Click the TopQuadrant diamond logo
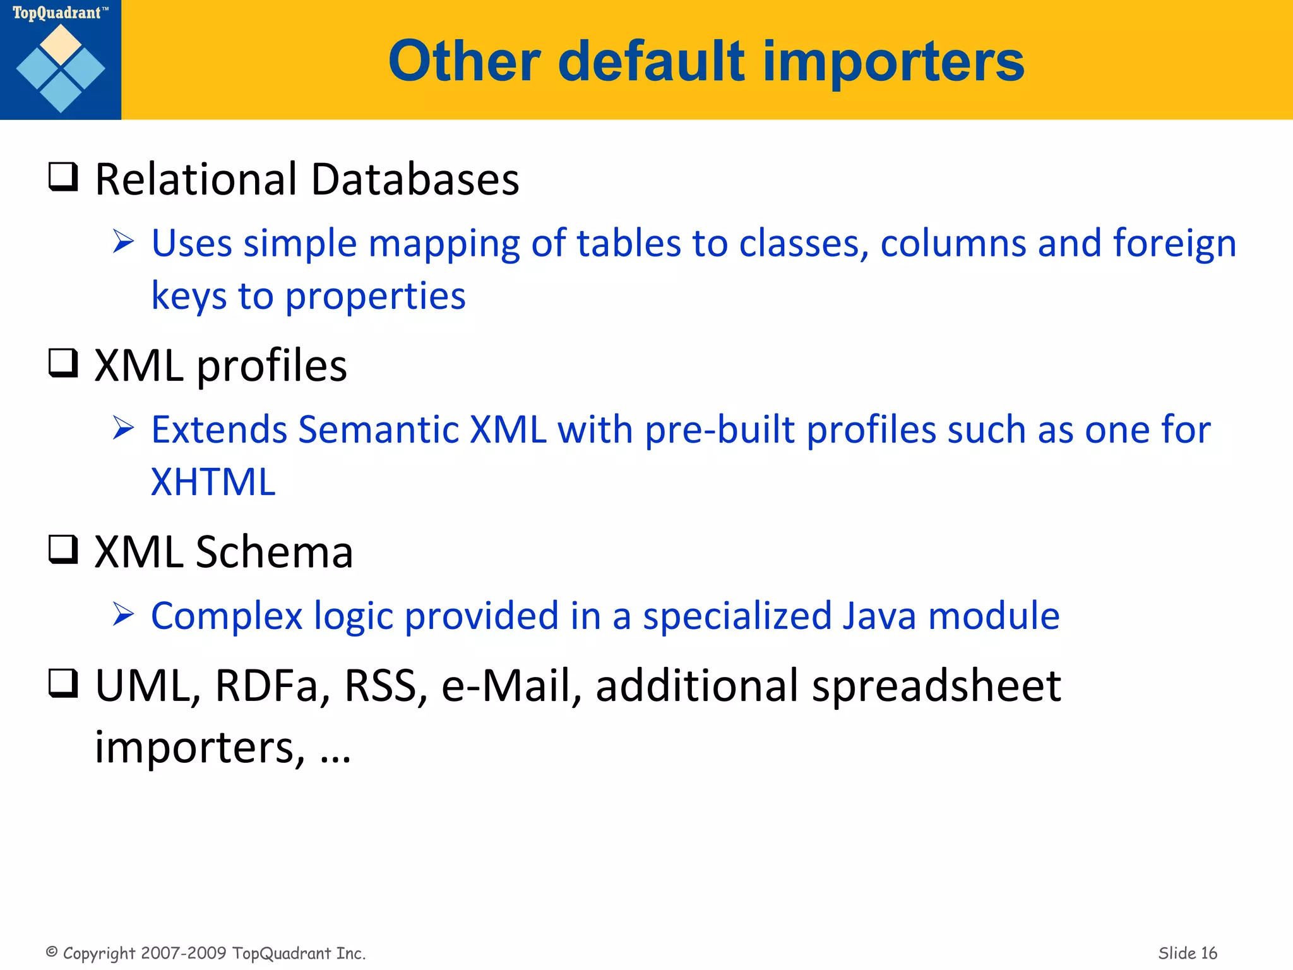61,68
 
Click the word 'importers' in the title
893,61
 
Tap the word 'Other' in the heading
465,61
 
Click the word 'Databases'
415,180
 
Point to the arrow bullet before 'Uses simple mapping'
123,242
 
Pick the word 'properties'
375,296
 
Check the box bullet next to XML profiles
63,363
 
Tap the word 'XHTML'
213,482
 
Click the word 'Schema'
274,553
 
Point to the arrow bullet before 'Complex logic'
123,614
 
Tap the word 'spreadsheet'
936,686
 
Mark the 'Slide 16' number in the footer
1187,953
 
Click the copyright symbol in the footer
52,952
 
